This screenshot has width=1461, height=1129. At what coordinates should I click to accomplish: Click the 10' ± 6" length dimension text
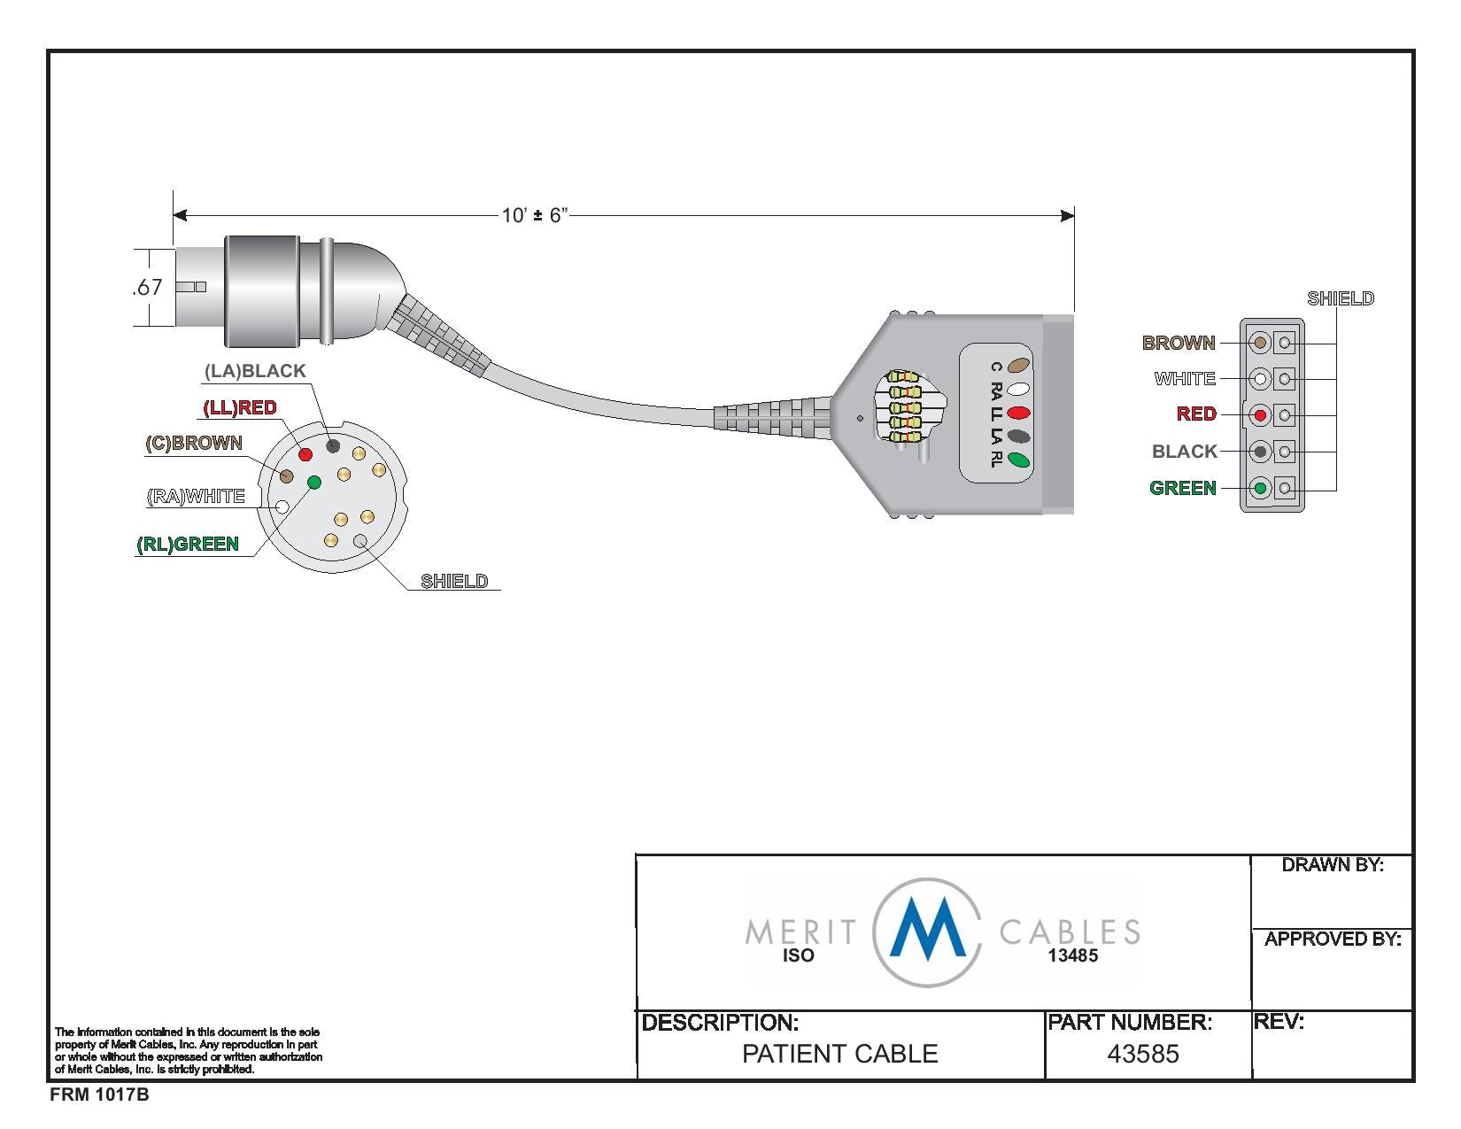[534, 215]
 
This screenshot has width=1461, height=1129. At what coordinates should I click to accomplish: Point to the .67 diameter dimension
[147, 287]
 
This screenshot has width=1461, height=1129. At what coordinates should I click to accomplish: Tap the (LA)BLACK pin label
[255, 371]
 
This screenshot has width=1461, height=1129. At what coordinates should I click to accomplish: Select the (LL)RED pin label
[240, 407]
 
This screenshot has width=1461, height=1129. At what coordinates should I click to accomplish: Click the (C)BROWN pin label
[194, 443]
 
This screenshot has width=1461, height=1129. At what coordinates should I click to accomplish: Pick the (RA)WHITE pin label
[196, 496]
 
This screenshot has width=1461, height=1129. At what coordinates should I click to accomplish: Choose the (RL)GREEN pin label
[188, 544]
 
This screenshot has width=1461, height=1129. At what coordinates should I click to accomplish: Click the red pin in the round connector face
[305, 454]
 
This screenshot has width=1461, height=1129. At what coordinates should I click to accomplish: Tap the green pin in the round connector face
[313, 482]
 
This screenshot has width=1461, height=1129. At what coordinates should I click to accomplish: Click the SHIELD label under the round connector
[454, 581]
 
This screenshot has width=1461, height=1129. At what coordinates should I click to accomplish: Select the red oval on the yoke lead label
[1019, 413]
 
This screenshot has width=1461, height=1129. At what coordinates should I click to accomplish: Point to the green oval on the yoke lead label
[1019, 460]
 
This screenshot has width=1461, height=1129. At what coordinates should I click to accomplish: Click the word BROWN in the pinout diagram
[1179, 343]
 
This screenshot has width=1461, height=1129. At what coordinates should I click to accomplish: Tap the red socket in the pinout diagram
[1260, 414]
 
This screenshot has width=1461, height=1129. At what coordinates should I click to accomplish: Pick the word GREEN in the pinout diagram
[1183, 488]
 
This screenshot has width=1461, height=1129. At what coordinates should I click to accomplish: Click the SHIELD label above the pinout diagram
[1341, 298]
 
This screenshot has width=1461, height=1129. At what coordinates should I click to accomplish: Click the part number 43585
[1143, 1054]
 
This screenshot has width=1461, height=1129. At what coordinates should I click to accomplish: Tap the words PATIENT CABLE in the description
[839, 1054]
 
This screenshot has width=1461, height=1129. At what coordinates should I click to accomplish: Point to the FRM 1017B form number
[99, 1095]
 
